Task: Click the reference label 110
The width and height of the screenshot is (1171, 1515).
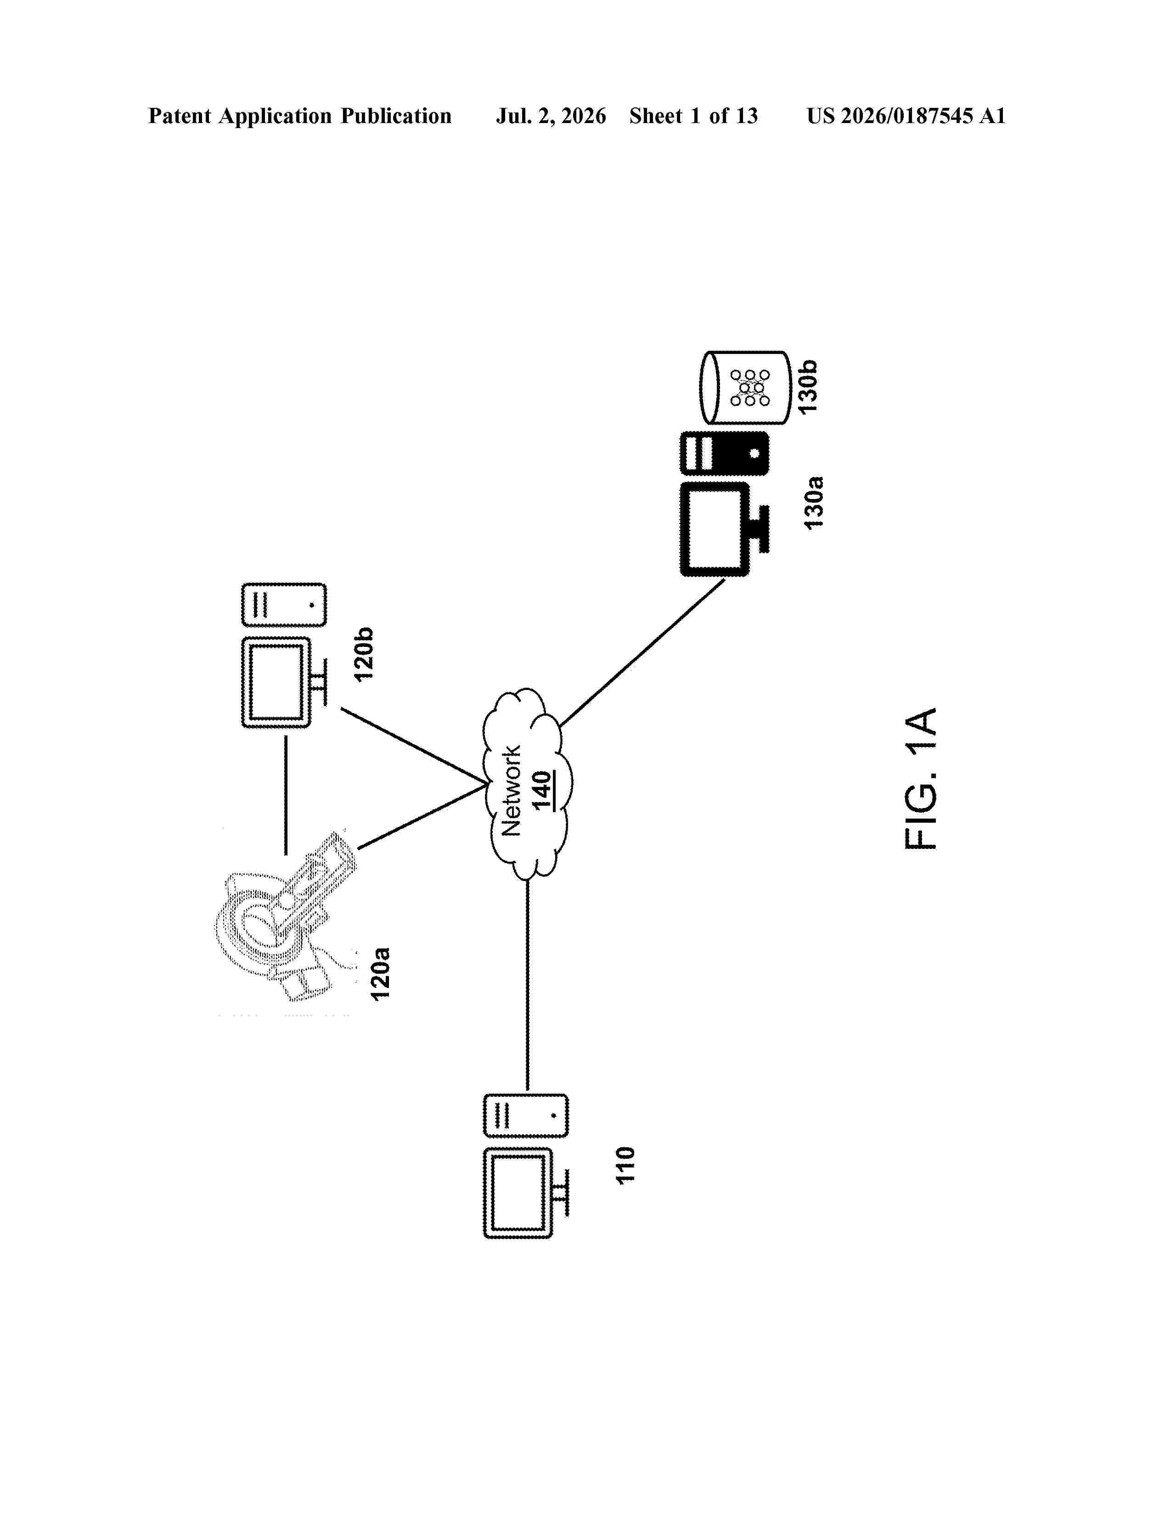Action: point(626,1165)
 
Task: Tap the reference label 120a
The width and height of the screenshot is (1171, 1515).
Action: point(379,973)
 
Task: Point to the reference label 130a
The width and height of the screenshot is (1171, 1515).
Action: point(813,503)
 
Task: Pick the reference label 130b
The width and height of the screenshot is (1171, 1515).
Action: point(807,387)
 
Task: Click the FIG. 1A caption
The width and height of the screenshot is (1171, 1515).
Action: point(921,778)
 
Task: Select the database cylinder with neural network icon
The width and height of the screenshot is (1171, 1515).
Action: point(745,387)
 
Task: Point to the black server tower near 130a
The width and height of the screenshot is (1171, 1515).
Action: point(724,454)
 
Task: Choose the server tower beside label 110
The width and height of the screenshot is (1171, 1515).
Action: point(526,1116)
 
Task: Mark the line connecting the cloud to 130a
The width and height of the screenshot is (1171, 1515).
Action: point(642,653)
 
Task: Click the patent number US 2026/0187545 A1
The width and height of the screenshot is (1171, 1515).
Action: point(906,116)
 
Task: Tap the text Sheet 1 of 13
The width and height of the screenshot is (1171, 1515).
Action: point(694,116)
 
